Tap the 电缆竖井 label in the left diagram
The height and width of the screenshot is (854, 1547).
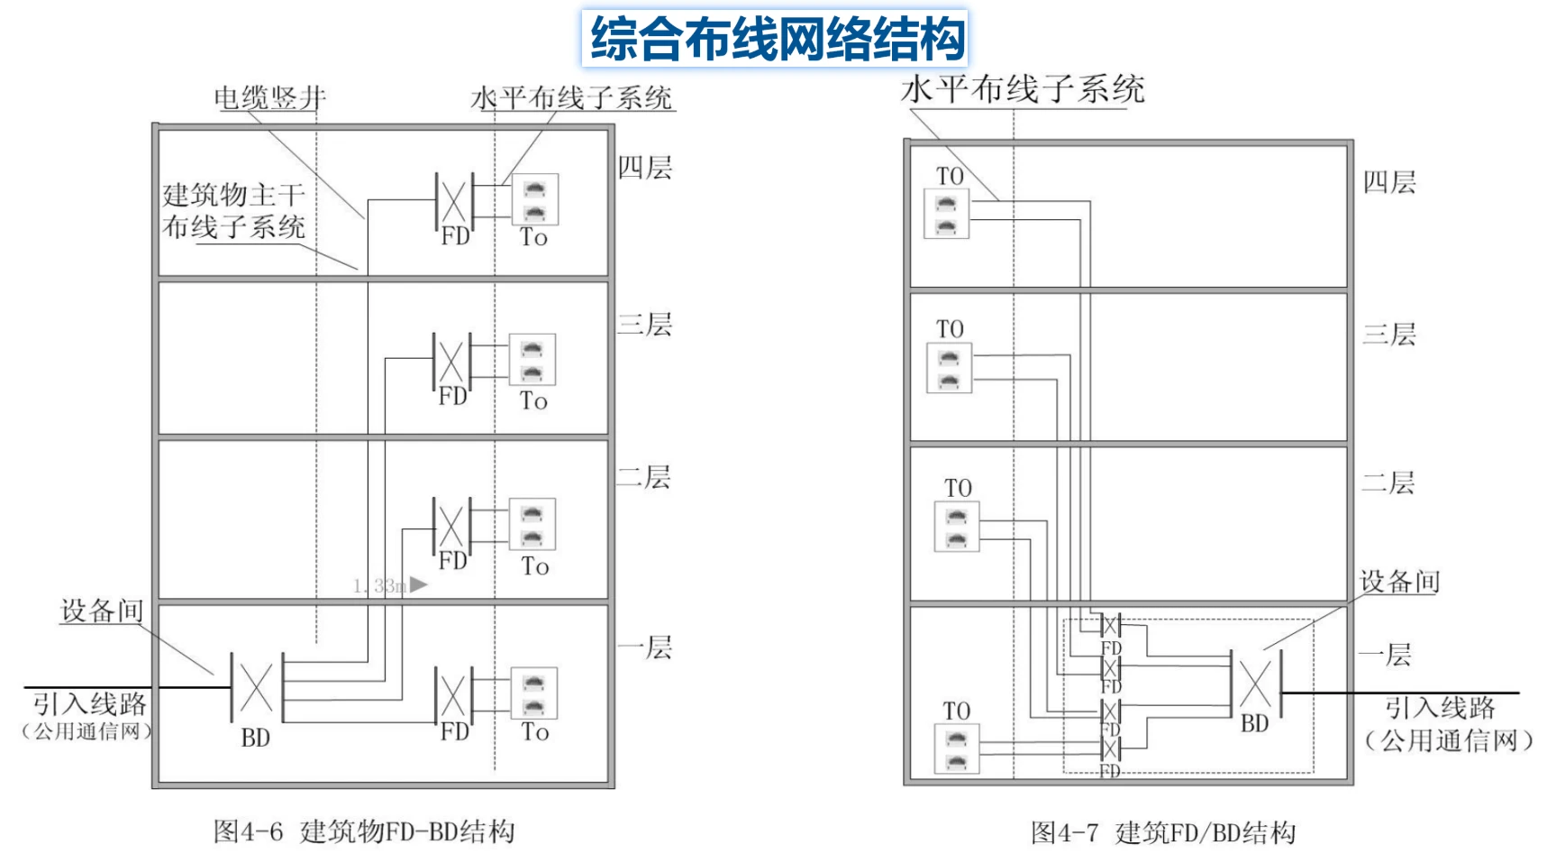tap(269, 97)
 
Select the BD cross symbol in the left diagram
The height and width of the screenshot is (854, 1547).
tap(257, 688)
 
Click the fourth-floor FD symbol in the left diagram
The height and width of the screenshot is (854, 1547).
tap(454, 201)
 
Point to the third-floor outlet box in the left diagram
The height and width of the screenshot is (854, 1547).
tap(532, 360)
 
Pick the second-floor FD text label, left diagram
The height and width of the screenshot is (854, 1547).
tap(452, 561)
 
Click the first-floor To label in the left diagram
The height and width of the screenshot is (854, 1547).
tap(534, 732)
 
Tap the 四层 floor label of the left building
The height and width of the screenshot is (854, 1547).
tap(645, 168)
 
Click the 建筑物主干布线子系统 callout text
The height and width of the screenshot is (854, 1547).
tap(234, 211)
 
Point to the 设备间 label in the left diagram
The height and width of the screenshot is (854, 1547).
tap(102, 611)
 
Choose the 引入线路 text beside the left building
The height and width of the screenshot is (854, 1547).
tap(89, 703)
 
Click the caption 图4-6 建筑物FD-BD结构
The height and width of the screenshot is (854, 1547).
tap(364, 831)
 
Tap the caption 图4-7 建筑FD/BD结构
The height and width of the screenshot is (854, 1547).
tap(1163, 832)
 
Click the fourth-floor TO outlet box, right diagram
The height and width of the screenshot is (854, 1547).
tap(946, 214)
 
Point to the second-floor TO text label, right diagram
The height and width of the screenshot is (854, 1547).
tap(958, 488)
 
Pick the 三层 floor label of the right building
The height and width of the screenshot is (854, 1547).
tap(1389, 335)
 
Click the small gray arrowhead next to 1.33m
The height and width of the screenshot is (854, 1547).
tap(418, 584)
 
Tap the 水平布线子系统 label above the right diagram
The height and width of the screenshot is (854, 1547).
tap(1023, 89)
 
